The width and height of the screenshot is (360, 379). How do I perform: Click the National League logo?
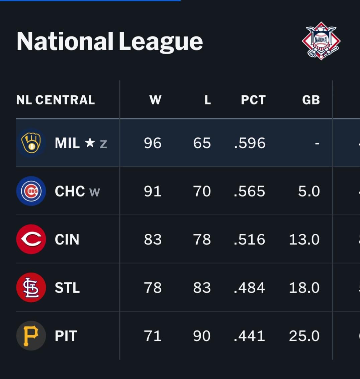[x=321, y=41]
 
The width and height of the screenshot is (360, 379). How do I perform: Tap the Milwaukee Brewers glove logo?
[x=31, y=143]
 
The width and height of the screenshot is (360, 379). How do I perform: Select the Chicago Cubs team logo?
[x=31, y=191]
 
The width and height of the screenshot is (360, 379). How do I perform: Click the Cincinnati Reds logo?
[x=31, y=239]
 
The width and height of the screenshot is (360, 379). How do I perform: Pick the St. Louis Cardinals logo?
[x=31, y=288]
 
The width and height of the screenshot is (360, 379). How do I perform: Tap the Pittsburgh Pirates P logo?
[x=31, y=336]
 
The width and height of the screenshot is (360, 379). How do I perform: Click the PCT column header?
[x=253, y=100]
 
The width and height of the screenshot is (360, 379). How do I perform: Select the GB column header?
[x=311, y=100]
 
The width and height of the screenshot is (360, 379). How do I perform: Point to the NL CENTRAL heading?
[x=56, y=100]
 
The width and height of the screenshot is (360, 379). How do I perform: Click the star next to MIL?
[x=90, y=143]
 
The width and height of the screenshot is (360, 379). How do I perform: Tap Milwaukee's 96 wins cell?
[x=153, y=143]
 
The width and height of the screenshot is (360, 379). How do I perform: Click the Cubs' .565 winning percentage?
[x=250, y=191]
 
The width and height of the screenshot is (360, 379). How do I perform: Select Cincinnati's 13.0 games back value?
[x=304, y=239]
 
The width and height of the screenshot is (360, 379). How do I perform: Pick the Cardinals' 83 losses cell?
[x=202, y=288]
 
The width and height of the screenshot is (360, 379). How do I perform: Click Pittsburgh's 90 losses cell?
[x=202, y=336]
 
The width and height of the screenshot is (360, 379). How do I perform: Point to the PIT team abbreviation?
[x=66, y=336]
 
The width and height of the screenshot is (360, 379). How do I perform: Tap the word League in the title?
[x=161, y=42]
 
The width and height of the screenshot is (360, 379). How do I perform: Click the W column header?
[x=155, y=100]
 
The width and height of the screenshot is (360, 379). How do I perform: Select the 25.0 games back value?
[x=304, y=336]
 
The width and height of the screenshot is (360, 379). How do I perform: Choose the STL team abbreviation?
[x=67, y=288]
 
